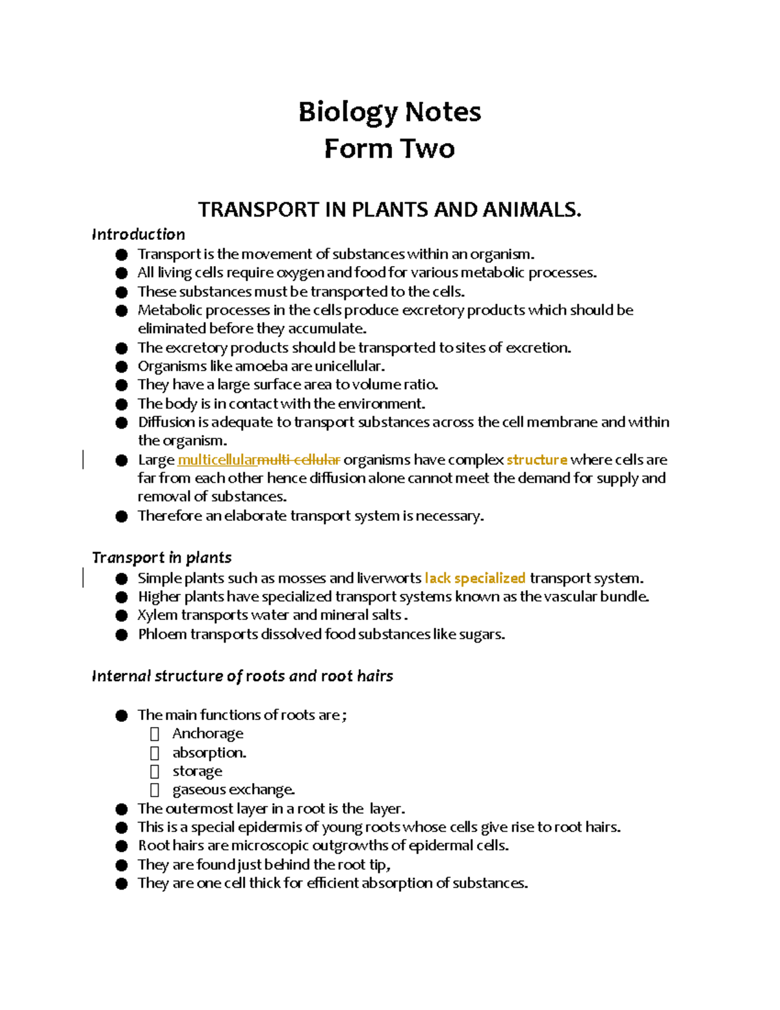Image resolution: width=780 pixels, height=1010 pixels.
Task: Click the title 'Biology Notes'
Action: point(389,112)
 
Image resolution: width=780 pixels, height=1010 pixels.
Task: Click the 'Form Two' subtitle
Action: point(389,149)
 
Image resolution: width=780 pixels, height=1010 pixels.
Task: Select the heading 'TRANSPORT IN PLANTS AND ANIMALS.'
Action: point(389,210)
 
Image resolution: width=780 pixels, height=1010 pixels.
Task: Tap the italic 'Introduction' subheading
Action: point(138,234)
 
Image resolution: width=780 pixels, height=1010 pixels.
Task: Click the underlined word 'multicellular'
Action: point(217,460)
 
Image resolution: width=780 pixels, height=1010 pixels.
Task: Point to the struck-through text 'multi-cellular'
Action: point(299,460)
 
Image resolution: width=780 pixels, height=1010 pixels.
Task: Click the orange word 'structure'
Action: point(537,460)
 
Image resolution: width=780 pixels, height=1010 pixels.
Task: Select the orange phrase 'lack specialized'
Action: point(474,578)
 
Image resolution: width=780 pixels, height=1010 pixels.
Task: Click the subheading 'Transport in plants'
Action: point(162,558)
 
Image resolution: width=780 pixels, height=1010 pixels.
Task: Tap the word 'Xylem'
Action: point(157,615)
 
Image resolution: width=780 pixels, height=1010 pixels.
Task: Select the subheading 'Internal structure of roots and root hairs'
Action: point(242,676)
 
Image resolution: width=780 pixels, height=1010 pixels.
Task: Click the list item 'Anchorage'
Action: point(208,734)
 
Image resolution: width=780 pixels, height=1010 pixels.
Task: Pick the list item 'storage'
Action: point(197,771)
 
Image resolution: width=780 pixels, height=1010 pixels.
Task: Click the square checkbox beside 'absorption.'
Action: point(155,753)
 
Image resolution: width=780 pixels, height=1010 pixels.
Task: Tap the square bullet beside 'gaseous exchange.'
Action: point(155,790)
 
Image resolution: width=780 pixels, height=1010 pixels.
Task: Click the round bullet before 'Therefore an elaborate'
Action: point(122,516)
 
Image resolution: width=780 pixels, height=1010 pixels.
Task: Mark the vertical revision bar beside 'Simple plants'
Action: point(83,578)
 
